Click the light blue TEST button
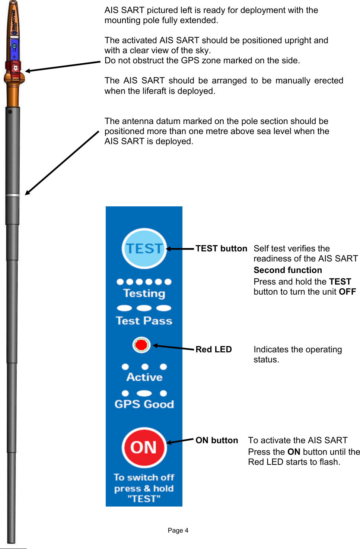coord(144,248)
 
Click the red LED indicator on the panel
coord(141,345)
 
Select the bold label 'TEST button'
coord(221,248)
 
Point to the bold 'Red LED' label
coord(213,349)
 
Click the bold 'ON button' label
coord(217,440)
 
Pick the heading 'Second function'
coord(287,270)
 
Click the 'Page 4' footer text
coord(178,530)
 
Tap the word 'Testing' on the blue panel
coord(144,293)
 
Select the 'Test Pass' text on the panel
coord(144,321)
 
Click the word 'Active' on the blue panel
coord(144,377)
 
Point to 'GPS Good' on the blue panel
coord(144,404)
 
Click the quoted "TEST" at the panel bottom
coord(144,499)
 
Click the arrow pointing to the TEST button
coord(180,248)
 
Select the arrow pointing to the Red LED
coord(173,347)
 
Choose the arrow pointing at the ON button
coord(180,441)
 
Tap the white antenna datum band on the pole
coord(12,195)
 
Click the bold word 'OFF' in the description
coord(347,292)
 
